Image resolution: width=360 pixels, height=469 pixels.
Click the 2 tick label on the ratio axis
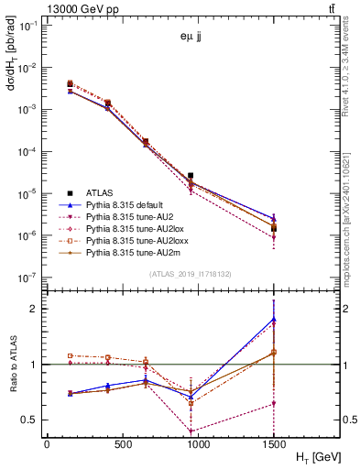coord(36,309)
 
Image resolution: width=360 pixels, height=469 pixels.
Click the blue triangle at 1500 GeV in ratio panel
coord(274,319)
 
